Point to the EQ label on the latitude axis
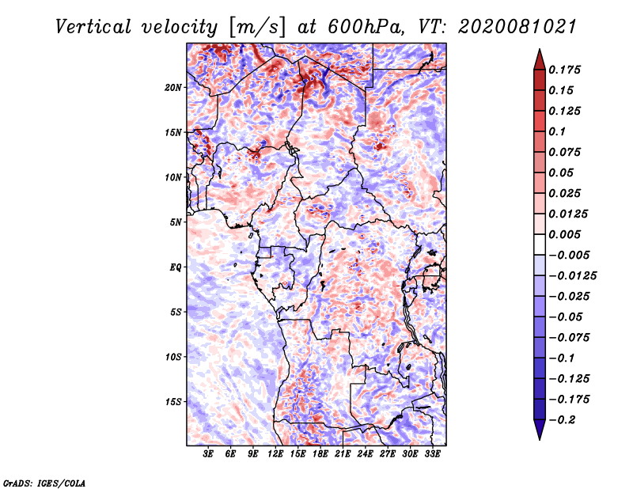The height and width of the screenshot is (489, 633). click(176, 267)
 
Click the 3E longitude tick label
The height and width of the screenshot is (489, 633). click(209, 454)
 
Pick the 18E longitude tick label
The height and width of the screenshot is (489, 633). click(320, 454)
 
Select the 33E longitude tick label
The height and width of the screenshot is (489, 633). click(432, 454)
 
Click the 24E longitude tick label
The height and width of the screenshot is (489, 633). click(365, 454)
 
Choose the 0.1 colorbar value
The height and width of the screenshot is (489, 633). click(559, 131)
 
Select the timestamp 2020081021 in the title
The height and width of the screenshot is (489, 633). click(508, 26)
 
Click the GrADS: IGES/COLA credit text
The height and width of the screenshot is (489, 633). click(44, 482)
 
